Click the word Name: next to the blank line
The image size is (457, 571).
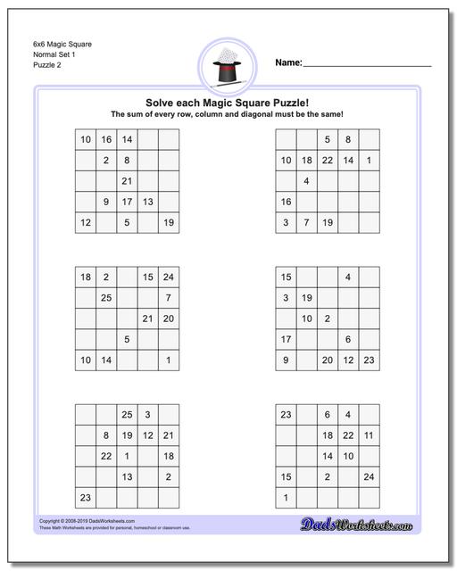[x=288, y=63]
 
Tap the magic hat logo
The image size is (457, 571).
[x=228, y=64]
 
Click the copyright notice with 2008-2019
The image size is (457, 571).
[x=75, y=520]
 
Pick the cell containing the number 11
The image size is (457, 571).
[x=369, y=435]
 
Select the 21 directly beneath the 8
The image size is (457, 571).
[x=127, y=181]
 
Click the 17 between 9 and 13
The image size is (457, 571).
[x=127, y=202]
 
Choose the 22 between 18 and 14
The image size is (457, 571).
[x=328, y=161]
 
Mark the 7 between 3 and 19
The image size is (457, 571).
[x=306, y=222]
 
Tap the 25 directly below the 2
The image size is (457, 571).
[x=106, y=298]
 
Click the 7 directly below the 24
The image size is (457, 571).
[x=168, y=298]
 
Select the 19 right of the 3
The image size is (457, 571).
[x=306, y=298]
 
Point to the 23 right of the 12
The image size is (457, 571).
[x=369, y=360]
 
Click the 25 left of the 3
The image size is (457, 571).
[x=127, y=415]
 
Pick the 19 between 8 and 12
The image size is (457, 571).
[x=127, y=435]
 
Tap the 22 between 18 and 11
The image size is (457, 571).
[x=348, y=435]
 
